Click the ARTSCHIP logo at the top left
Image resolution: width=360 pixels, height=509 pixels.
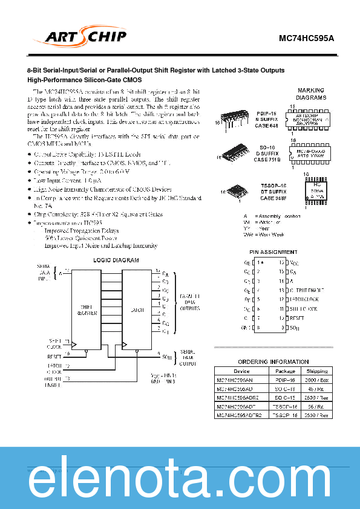[x=85, y=37]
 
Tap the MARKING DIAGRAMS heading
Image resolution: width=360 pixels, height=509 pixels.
[x=311, y=94]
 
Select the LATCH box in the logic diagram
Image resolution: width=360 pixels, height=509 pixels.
[x=137, y=310]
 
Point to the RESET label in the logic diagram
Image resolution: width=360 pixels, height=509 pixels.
[x=54, y=357]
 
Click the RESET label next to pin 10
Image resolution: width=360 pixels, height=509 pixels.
[x=297, y=318]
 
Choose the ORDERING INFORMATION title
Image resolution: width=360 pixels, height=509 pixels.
[x=273, y=361]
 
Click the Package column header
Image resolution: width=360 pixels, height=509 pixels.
[x=285, y=371]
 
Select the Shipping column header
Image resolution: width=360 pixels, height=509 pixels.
[x=316, y=371]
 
